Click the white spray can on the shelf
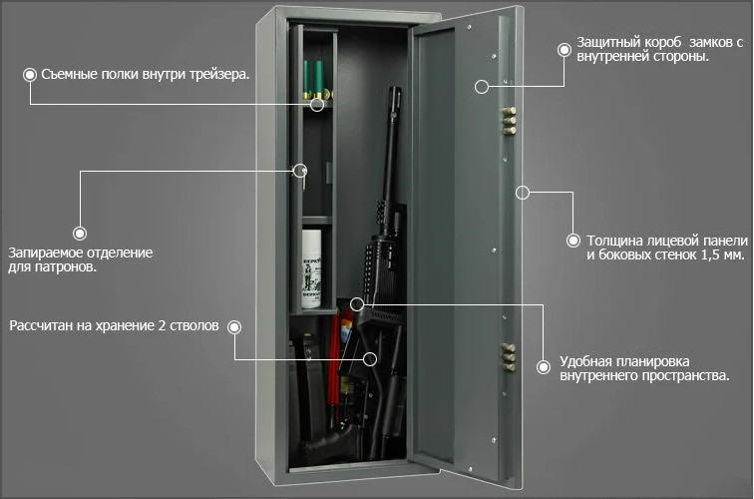(x=311, y=269)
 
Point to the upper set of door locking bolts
(x=509, y=121)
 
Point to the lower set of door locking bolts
(x=509, y=357)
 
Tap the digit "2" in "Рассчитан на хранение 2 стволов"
(x=162, y=325)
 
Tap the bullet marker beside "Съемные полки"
(x=30, y=75)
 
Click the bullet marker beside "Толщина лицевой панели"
(x=573, y=241)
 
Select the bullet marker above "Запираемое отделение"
(x=80, y=234)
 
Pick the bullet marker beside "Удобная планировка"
(x=544, y=367)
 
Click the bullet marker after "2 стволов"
(x=234, y=327)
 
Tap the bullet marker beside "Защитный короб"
(x=565, y=50)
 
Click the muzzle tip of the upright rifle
(x=395, y=89)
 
